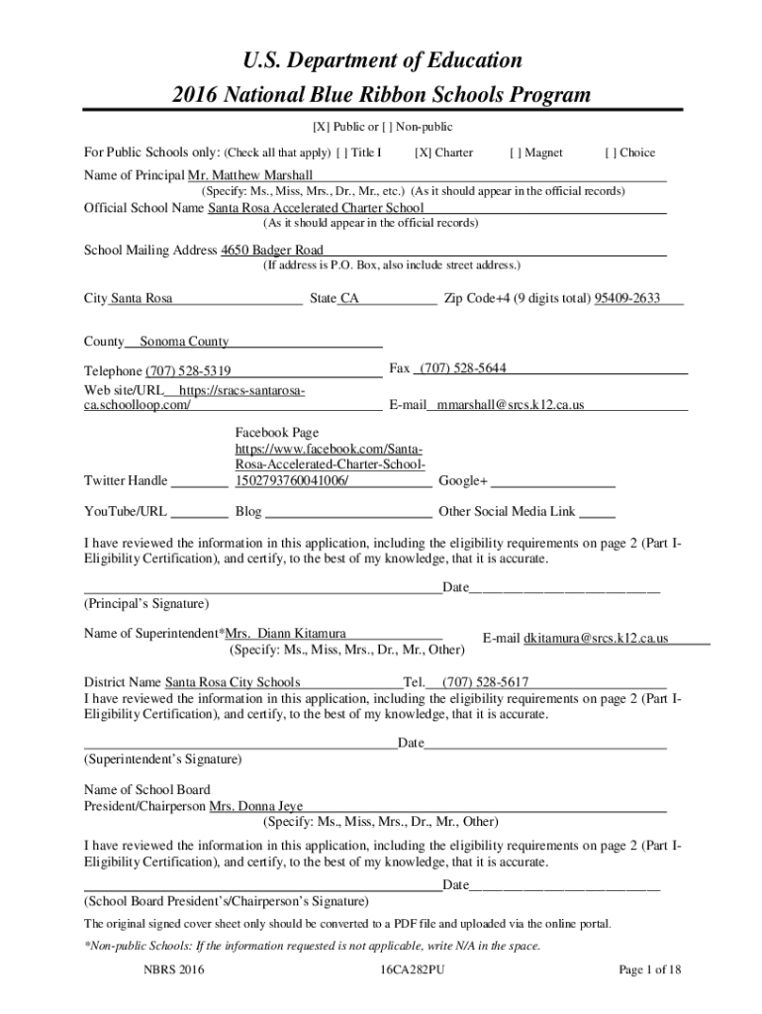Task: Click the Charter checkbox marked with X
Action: [423, 152]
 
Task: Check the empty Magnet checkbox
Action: [517, 152]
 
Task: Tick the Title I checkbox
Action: [342, 152]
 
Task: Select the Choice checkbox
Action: [611, 152]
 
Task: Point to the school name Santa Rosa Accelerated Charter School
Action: [316, 208]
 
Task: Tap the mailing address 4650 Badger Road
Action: [272, 250]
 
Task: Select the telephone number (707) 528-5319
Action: [188, 371]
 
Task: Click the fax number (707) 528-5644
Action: [463, 368]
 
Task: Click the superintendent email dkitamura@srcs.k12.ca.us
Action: [596, 639]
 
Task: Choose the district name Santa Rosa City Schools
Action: [233, 681]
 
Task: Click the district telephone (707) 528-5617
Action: [485, 681]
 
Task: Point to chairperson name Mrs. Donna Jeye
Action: [256, 806]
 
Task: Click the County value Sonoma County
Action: [184, 342]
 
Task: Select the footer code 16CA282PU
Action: [412, 969]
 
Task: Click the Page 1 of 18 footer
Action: [650, 969]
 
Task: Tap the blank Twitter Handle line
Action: [200, 483]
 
